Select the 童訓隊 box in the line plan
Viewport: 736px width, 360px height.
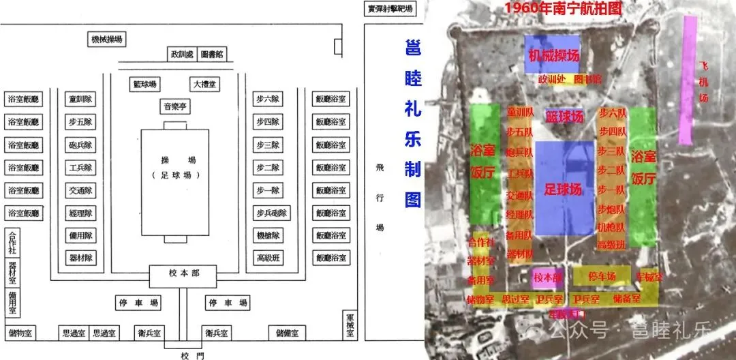tap(81, 100)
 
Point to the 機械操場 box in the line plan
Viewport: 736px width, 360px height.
tap(107, 40)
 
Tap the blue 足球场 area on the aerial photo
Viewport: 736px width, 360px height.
tap(565, 188)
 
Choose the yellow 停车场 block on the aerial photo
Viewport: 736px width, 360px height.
tap(602, 275)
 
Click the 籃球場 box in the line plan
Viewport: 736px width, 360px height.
tap(144, 85)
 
